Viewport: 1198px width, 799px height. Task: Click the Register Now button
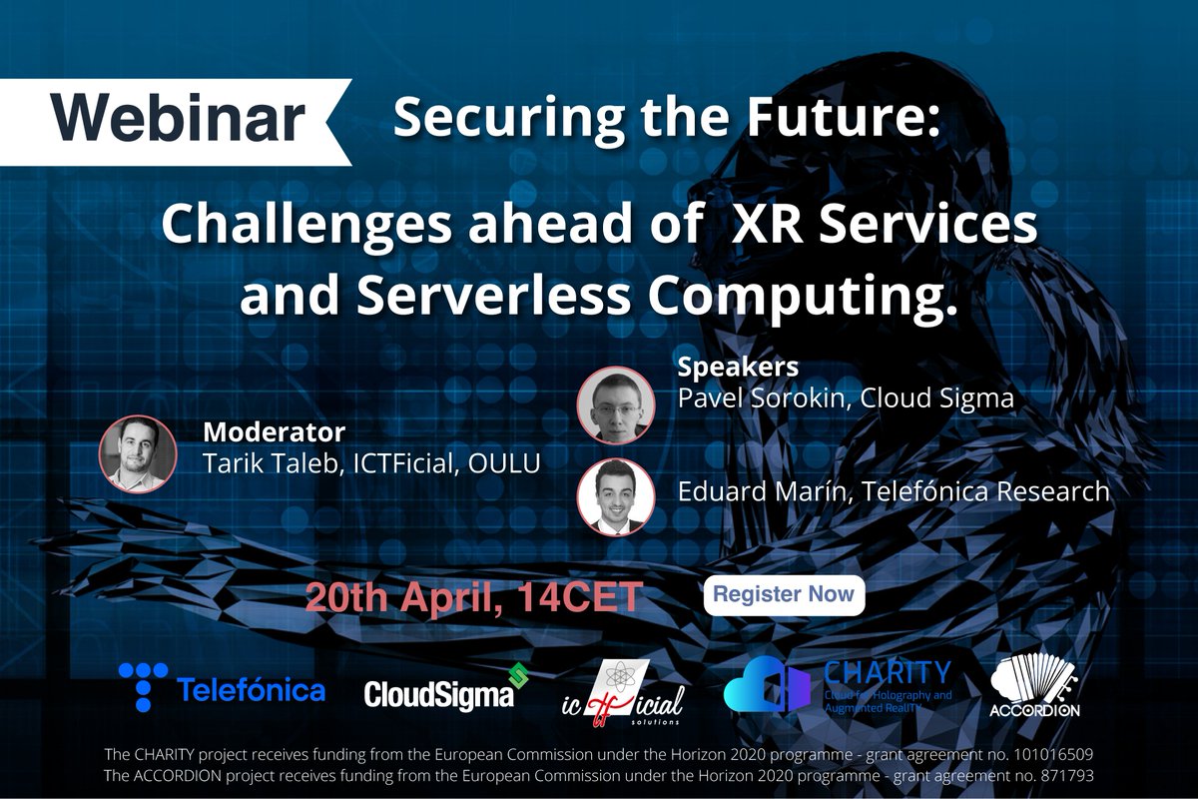click(784, 594)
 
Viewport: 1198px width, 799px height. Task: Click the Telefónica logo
click(222, 689)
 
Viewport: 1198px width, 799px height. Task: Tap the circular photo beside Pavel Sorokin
click(616, 403)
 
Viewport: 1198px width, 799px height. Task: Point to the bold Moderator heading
click(274, 432)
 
